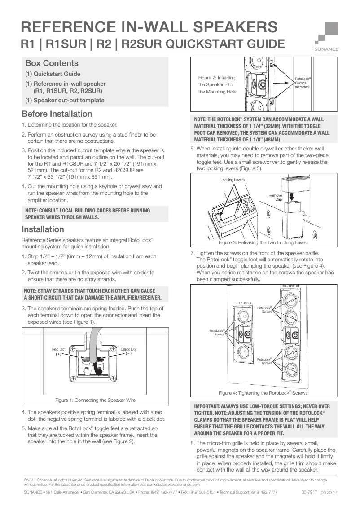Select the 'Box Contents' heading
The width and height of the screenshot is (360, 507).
pos(52,63)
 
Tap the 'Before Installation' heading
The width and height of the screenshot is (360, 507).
pos(57,114)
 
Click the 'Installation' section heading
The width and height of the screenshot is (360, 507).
pos(43,229)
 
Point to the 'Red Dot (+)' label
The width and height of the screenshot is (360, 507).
pos(58,352)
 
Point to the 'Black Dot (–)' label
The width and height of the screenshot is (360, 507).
pos(129,352)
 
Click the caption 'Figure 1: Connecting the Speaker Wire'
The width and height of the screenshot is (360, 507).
pos(95,400)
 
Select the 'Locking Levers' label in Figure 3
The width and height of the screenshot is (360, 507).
pos(233,180)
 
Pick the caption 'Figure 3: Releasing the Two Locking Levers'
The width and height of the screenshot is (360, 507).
pos(263,242)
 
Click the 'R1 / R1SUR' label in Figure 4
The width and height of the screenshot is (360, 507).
pos(245,303)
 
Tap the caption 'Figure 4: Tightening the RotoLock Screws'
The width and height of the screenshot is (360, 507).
pos(263,393)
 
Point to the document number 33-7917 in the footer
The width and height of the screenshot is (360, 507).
pos(309,492)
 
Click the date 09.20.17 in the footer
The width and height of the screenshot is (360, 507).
pos(329,493)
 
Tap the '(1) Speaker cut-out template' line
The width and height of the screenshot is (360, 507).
pos(65,100)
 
